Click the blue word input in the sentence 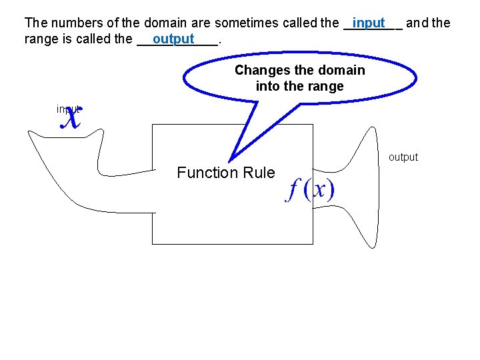click(x=369, y=23)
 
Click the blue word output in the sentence click(x=173, y=39)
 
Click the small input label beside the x click(x=67, y=109)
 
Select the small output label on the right click(x=403, y=157)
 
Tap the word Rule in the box click(x=259, y=173)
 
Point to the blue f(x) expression click(x=310, y=190)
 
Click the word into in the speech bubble click(x=267, y=86)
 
